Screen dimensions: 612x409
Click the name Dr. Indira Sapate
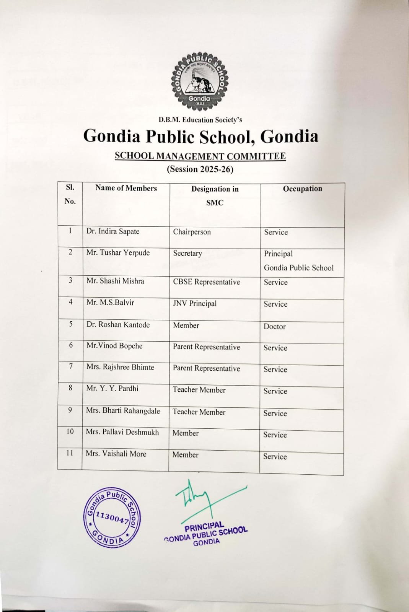pos(113,231)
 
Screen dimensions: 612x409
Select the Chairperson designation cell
pos(192,232)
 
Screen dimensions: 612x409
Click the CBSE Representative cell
pos(206,282)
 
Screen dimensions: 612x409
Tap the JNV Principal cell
pos(195,304)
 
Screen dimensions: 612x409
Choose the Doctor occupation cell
pos(274,326)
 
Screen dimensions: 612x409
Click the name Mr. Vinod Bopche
pos(114,346)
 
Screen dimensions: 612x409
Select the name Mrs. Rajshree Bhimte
pos(120,367)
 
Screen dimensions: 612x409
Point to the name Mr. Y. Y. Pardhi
pos(112,389)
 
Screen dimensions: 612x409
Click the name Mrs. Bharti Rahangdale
pos(123,411)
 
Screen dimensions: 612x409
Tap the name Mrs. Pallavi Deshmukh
pos(122,432)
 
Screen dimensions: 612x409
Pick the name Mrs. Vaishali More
pos(116,454)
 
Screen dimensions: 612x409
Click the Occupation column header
pos(302,189)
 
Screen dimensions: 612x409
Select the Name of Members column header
pos(126,188)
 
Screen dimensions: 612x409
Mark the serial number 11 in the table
pos(70,453)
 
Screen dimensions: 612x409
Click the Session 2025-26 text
pos(200,169)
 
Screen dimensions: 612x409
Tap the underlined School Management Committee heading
pos(200,156)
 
